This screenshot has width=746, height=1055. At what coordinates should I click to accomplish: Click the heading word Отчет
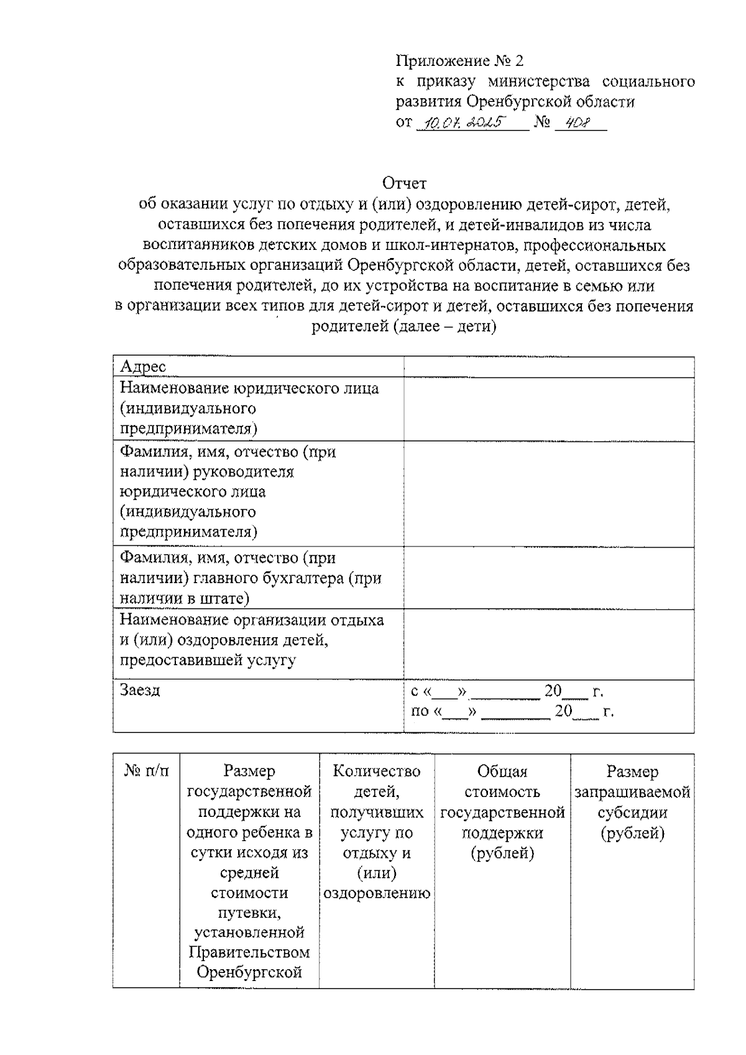tap(404, 183)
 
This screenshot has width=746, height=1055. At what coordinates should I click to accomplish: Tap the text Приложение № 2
tap(459, 61)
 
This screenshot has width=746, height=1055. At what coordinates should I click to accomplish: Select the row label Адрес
tap(143, 367)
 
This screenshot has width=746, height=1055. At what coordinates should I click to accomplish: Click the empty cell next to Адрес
tap(548, 367)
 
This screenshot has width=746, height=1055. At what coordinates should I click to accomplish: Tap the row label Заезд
tap(140, 690)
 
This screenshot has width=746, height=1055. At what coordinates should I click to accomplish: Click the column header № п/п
tap(146, 772)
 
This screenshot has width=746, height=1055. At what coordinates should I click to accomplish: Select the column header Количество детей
tap(377, 781)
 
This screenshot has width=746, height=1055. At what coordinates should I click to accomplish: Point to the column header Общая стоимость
tap(502, 781)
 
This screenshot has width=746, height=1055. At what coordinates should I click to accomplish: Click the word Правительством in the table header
tap(249, 952)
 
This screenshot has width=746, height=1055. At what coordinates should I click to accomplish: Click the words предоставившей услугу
tap(208, 660)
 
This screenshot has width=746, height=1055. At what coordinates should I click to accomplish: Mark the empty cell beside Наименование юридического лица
tap(548, 409)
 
